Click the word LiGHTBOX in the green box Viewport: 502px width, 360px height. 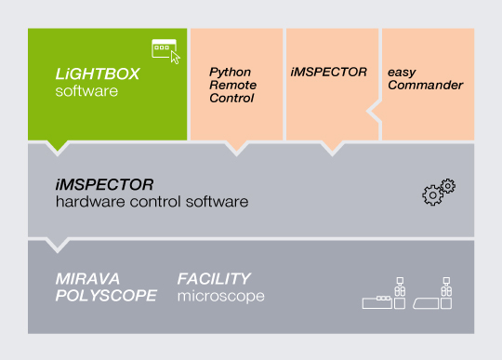97,73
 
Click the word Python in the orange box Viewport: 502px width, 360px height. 229,72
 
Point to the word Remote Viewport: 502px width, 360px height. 231,85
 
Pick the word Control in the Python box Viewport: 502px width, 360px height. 231,98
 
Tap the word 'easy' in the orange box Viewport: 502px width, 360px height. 401,72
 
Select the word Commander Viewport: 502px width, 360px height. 424,85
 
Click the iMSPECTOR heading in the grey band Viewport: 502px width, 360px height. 104,184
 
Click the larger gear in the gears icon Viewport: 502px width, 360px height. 432,195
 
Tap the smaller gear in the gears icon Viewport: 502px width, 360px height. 448,186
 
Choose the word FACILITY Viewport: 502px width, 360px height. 214,278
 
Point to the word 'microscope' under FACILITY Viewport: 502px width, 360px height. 221,296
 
